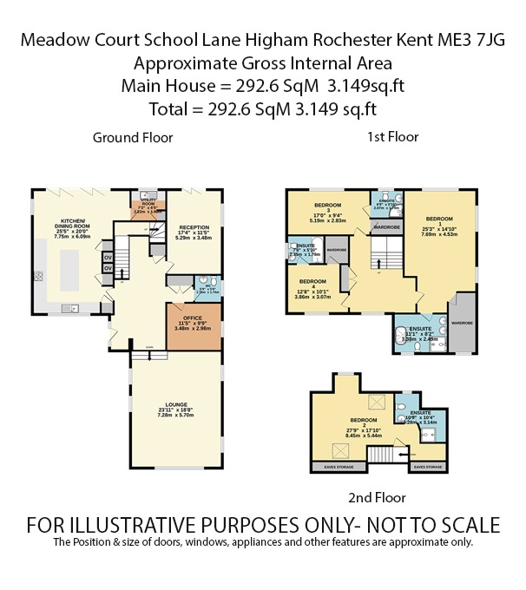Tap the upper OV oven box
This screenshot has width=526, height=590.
(x=108, y=256)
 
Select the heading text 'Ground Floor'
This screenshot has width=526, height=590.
(x=133, y=137)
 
